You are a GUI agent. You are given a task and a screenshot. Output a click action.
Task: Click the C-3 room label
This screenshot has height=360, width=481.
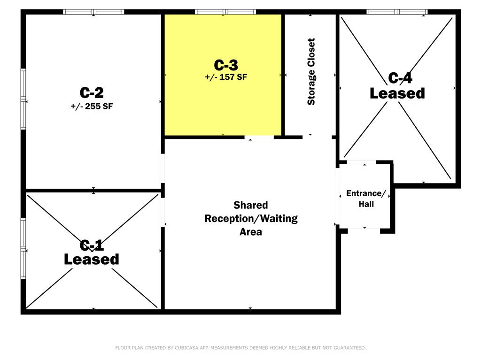(x=226, y=65)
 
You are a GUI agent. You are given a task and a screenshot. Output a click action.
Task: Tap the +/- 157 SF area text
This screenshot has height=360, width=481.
(x=226, y=77)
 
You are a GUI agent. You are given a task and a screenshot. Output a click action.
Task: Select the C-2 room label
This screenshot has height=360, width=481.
(x=92, y=92)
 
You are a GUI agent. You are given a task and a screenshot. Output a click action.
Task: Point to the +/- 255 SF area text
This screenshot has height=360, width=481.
(x=92, y=106)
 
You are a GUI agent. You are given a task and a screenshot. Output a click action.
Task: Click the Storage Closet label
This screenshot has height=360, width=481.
(x=311, y=72)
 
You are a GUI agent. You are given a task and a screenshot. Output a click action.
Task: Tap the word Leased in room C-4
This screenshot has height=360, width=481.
(x=397, y=93)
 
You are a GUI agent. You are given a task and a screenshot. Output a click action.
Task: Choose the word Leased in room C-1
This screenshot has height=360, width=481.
(x=92, y=260)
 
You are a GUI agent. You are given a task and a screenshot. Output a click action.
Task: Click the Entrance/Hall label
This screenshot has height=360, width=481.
(x=366, y=199)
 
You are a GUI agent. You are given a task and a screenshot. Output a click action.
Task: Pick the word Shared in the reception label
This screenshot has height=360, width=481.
(x=251, y=205)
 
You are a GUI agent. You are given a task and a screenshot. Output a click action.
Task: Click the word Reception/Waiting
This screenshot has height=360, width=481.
(x=251, y=219)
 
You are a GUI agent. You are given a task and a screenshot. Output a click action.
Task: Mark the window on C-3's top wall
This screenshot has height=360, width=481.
(x=225, y=12)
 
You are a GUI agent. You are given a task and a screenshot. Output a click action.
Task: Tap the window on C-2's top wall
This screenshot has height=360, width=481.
(x=93, y=12)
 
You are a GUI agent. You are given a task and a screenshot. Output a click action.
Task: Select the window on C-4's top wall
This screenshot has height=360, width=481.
(x=397, y=12)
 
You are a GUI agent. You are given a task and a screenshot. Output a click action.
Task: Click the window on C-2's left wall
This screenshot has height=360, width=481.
(x=23, y=99)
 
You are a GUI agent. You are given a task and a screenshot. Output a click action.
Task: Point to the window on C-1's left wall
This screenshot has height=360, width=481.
(x=23, y=248)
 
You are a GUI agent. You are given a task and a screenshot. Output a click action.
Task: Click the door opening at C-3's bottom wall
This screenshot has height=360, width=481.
(x=259, y=137)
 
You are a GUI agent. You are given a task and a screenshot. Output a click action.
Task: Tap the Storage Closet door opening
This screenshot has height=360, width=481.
(x=317, y=137)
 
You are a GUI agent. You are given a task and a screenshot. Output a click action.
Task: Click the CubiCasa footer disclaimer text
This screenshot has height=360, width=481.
(x=240, y=348)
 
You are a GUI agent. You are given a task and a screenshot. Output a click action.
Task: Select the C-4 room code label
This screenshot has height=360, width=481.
(x=400, y=78)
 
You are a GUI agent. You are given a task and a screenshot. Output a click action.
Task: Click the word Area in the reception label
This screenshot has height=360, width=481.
(x=251, y=232)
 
